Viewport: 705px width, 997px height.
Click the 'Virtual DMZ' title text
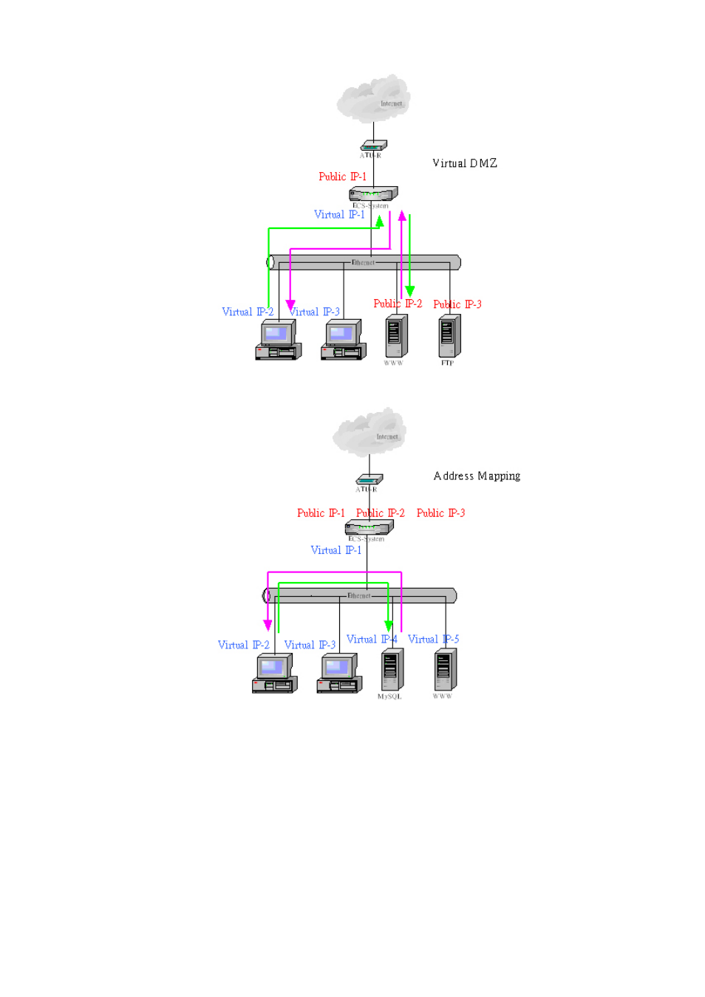click(x=464, y=163)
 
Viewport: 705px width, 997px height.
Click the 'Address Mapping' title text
click(x=477, y=476)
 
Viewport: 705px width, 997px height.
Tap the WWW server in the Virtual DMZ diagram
click(x=396, y=337)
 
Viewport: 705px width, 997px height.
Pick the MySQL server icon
click(x=392, y=670)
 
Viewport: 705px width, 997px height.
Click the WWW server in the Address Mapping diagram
click(x=445, y=670)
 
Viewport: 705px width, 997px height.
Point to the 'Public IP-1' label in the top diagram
click(x=342, y=177)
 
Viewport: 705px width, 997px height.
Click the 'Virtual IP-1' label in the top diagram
click(x=339, y=214)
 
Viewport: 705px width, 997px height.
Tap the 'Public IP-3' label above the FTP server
click(x=457, y=304)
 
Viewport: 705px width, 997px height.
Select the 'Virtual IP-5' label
click(x=433, y=639)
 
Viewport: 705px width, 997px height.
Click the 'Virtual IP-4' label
click(x=372, y=639)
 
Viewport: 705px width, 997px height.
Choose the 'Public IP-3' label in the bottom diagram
click(x=440, y=513)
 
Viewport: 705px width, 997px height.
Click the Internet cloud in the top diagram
click(x=373, y=99)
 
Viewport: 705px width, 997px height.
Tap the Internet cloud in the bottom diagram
click(x=369, y=433)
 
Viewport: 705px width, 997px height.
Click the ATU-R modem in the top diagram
click(x=373, y=145)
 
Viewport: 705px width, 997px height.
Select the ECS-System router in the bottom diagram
click(x=369, y=527)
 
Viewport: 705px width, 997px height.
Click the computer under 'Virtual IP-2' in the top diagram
click(x=278, y=340)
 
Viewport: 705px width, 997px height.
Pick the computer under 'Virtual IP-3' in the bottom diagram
click(x=339, y=675)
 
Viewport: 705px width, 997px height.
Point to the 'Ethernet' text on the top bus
click(x=363, y=262)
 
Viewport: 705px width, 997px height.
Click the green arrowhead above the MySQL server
click(x=389, y=626)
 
